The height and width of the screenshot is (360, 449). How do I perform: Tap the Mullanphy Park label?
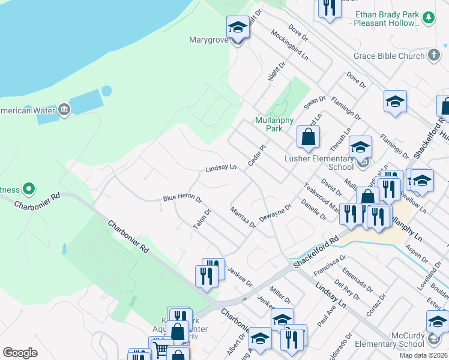click(x=268, y=124)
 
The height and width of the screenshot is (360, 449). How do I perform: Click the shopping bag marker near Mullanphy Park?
click(x=307, y=137)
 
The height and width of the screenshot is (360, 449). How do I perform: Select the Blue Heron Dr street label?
click(x=182, y=198)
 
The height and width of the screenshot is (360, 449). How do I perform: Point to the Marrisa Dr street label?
click(x=243, y=217)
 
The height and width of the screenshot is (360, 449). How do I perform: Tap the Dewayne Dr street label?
click(x=275, y=212)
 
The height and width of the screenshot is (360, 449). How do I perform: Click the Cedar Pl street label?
click(x=256, y=156)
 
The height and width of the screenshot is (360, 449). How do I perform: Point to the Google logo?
click(x=20, y=353)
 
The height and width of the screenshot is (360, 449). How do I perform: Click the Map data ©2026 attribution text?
click(x=424, y=355)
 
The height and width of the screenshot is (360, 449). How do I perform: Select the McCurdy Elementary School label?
click(x=389, y=340)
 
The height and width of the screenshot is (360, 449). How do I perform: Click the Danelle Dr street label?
click(x=314, y=209)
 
